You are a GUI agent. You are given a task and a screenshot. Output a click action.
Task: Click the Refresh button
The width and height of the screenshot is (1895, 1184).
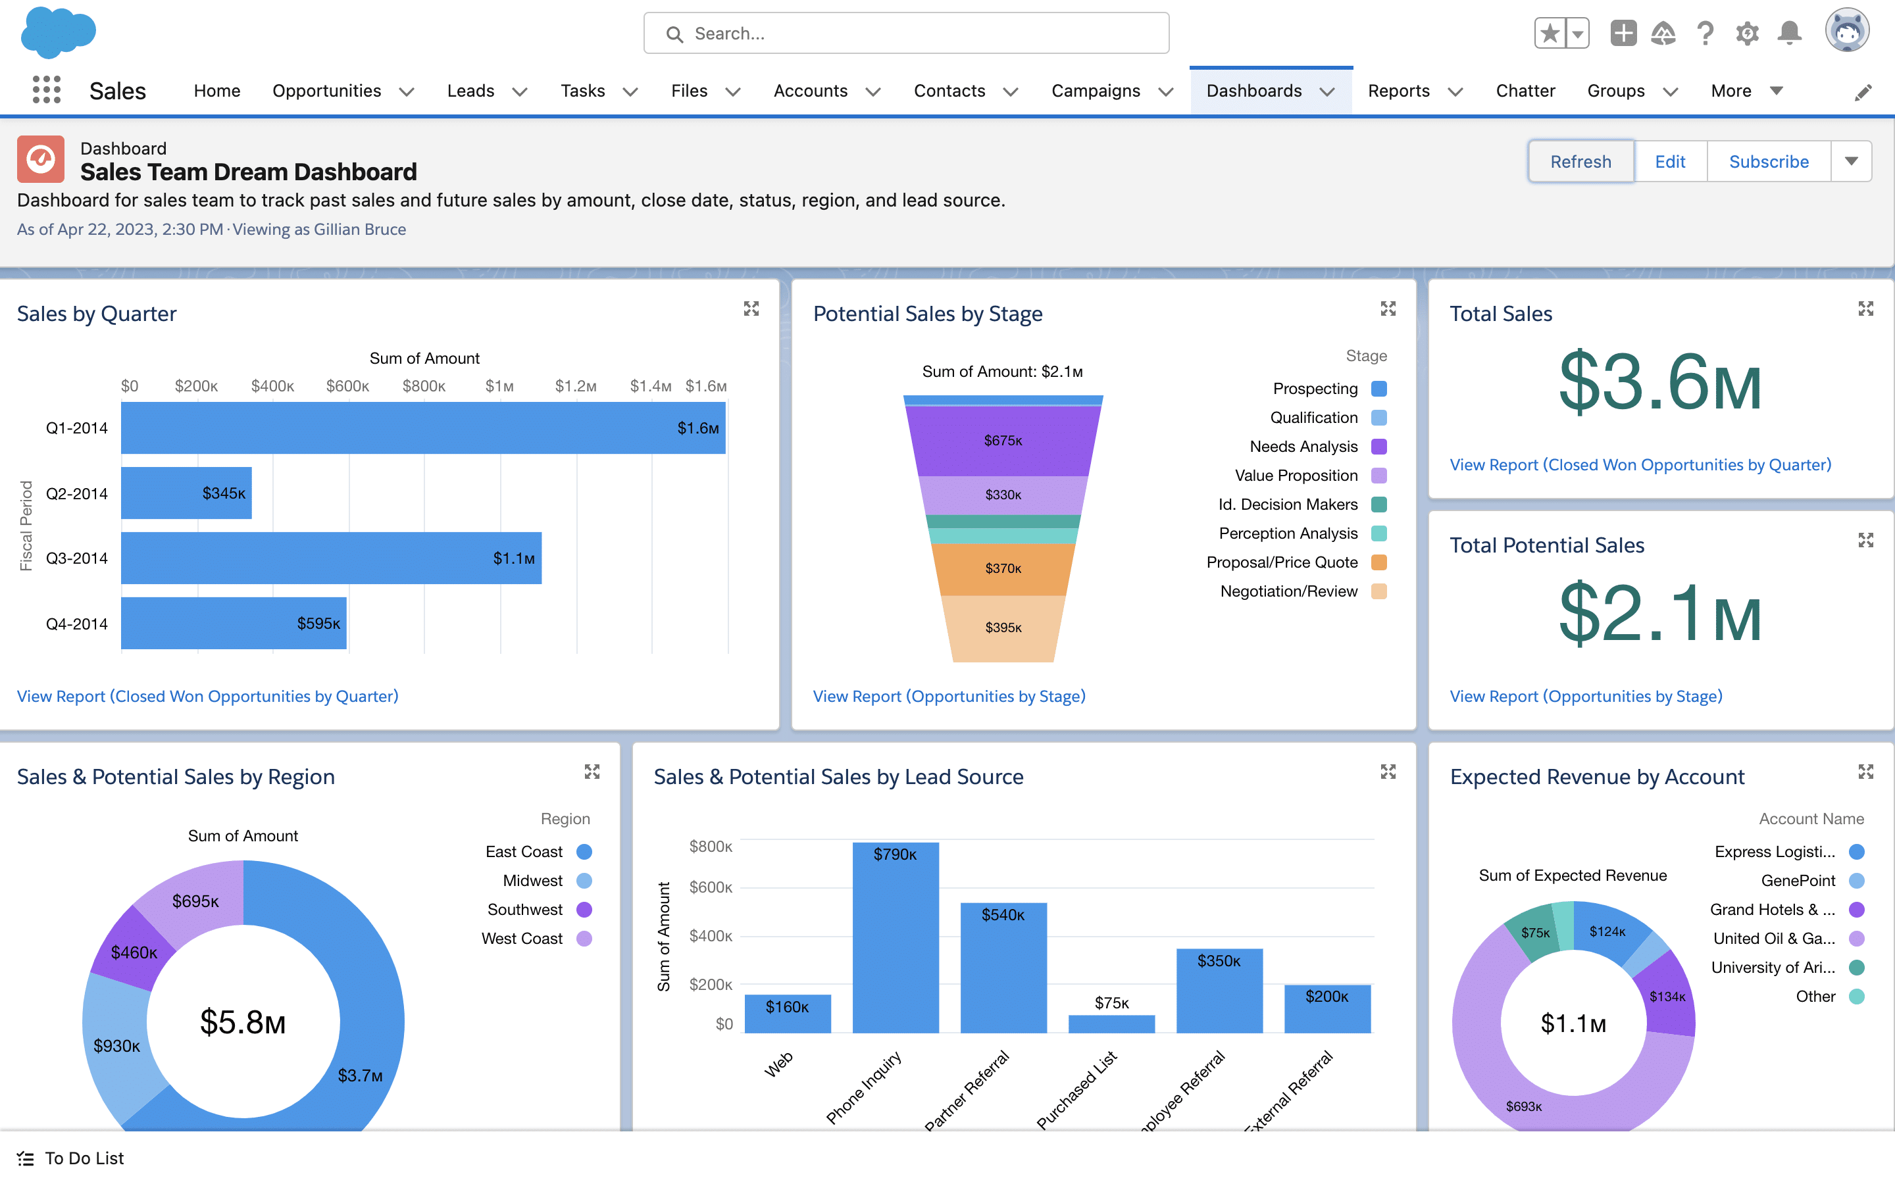[x=1580, y=161]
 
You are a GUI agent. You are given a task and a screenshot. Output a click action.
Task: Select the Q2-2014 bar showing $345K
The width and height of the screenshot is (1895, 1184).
[x=186, y=493]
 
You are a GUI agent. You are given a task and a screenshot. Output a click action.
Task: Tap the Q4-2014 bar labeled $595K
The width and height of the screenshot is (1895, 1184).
[x=234, y=624]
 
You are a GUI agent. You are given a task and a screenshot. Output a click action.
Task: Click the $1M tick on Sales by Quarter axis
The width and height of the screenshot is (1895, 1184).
[x=499, y=386]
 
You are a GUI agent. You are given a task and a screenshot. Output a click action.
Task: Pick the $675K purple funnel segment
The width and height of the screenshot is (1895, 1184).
[x=1002, y=441]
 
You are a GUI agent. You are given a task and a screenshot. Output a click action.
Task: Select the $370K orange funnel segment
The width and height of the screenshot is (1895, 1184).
[x=1002, y=568]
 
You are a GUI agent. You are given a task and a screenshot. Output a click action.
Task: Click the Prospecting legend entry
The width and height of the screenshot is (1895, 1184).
[x=1315, y=388]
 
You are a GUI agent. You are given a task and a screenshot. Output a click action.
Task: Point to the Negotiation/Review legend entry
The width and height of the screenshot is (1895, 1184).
[x=1289, y=591]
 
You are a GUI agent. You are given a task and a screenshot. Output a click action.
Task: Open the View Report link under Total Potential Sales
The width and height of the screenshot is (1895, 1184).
[x=1586, y=696]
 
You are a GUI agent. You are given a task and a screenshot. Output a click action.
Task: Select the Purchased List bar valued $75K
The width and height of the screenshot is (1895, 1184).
[x=1111, y=1024]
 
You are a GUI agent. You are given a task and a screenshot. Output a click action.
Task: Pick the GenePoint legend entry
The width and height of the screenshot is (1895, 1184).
[x=1798, y=880]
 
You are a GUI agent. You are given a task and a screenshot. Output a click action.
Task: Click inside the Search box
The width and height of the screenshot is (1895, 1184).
[x=906, y=34]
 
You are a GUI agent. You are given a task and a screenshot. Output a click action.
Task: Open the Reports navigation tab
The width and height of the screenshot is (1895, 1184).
[x=1398, y=91]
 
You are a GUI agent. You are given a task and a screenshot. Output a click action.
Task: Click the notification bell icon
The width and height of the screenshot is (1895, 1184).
[x=1789, y=33]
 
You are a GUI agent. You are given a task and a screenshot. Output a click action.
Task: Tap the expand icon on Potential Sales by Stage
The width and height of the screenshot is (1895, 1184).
[x=1388, y=308]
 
